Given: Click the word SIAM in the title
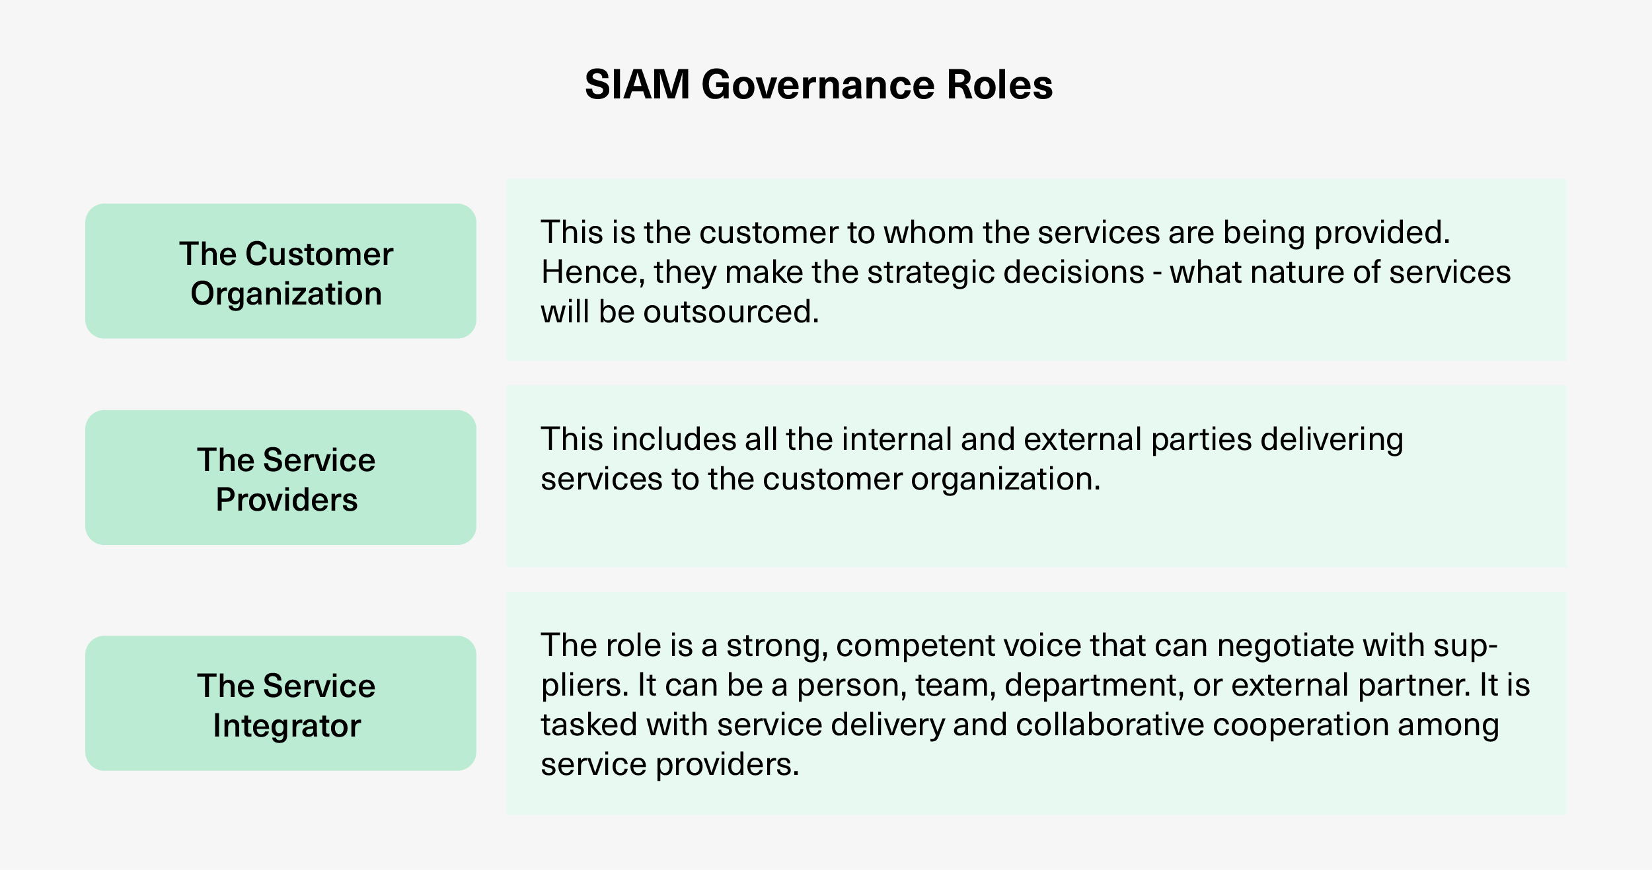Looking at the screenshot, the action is click(x=638, y=85).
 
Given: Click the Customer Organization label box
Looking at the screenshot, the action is click(x=281, y=271).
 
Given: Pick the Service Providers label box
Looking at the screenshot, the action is click(x=281, y=478).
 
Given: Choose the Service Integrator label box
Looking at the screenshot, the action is click(x=281, y=703).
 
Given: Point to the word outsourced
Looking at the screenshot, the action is click(x=732, y=312).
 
